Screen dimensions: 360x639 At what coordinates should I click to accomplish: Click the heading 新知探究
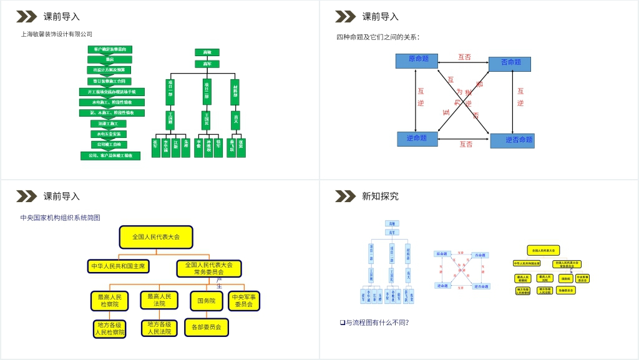click(380, 197)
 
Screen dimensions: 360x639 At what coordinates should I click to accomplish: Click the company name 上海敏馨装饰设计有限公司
click(56, 34)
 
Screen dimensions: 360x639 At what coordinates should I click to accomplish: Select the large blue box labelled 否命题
click(509, 64)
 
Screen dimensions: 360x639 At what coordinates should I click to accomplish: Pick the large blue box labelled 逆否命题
click(512, 140)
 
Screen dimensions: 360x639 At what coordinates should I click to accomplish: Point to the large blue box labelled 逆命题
click(417, 139)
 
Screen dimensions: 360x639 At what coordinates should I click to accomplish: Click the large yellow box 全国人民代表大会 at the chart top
click(156, 237)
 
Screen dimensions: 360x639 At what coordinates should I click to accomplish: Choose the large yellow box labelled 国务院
click(207, 301)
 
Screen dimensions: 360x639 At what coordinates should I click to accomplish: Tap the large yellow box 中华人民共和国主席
click(119, 266)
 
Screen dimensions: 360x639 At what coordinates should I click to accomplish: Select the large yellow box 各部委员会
click(207, 327)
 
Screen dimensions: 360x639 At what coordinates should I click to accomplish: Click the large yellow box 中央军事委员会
click(244, 301)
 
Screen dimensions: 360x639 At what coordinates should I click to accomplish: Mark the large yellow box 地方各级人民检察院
click(109, 329)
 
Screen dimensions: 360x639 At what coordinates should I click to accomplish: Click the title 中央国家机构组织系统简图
click(60, 218)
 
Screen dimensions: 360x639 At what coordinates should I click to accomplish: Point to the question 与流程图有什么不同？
click(376, 323)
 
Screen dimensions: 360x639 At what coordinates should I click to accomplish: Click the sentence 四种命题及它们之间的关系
click(378, 37)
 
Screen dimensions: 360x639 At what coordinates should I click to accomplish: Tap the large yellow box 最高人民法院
click(159, 300)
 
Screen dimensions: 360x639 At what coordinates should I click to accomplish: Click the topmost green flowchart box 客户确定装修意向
click(110, 49)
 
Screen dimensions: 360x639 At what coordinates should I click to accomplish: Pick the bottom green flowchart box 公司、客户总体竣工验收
click(110, 155)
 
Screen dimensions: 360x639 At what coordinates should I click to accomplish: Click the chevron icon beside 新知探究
click(345, 197)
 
